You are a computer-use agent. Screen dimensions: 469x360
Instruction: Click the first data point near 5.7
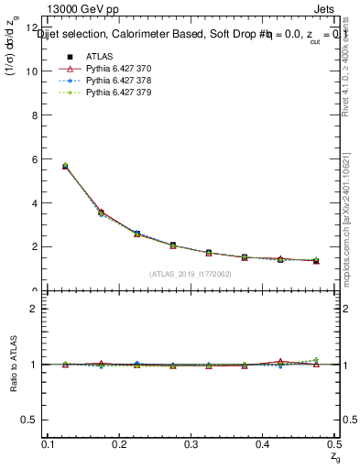coord(64,166)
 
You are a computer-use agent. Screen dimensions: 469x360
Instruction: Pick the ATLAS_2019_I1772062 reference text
coord(191,274)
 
